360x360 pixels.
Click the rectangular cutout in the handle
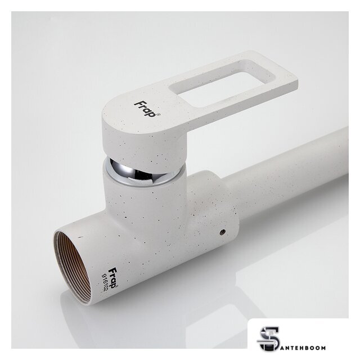click(221, 83)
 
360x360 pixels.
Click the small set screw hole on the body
click(223, 232)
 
